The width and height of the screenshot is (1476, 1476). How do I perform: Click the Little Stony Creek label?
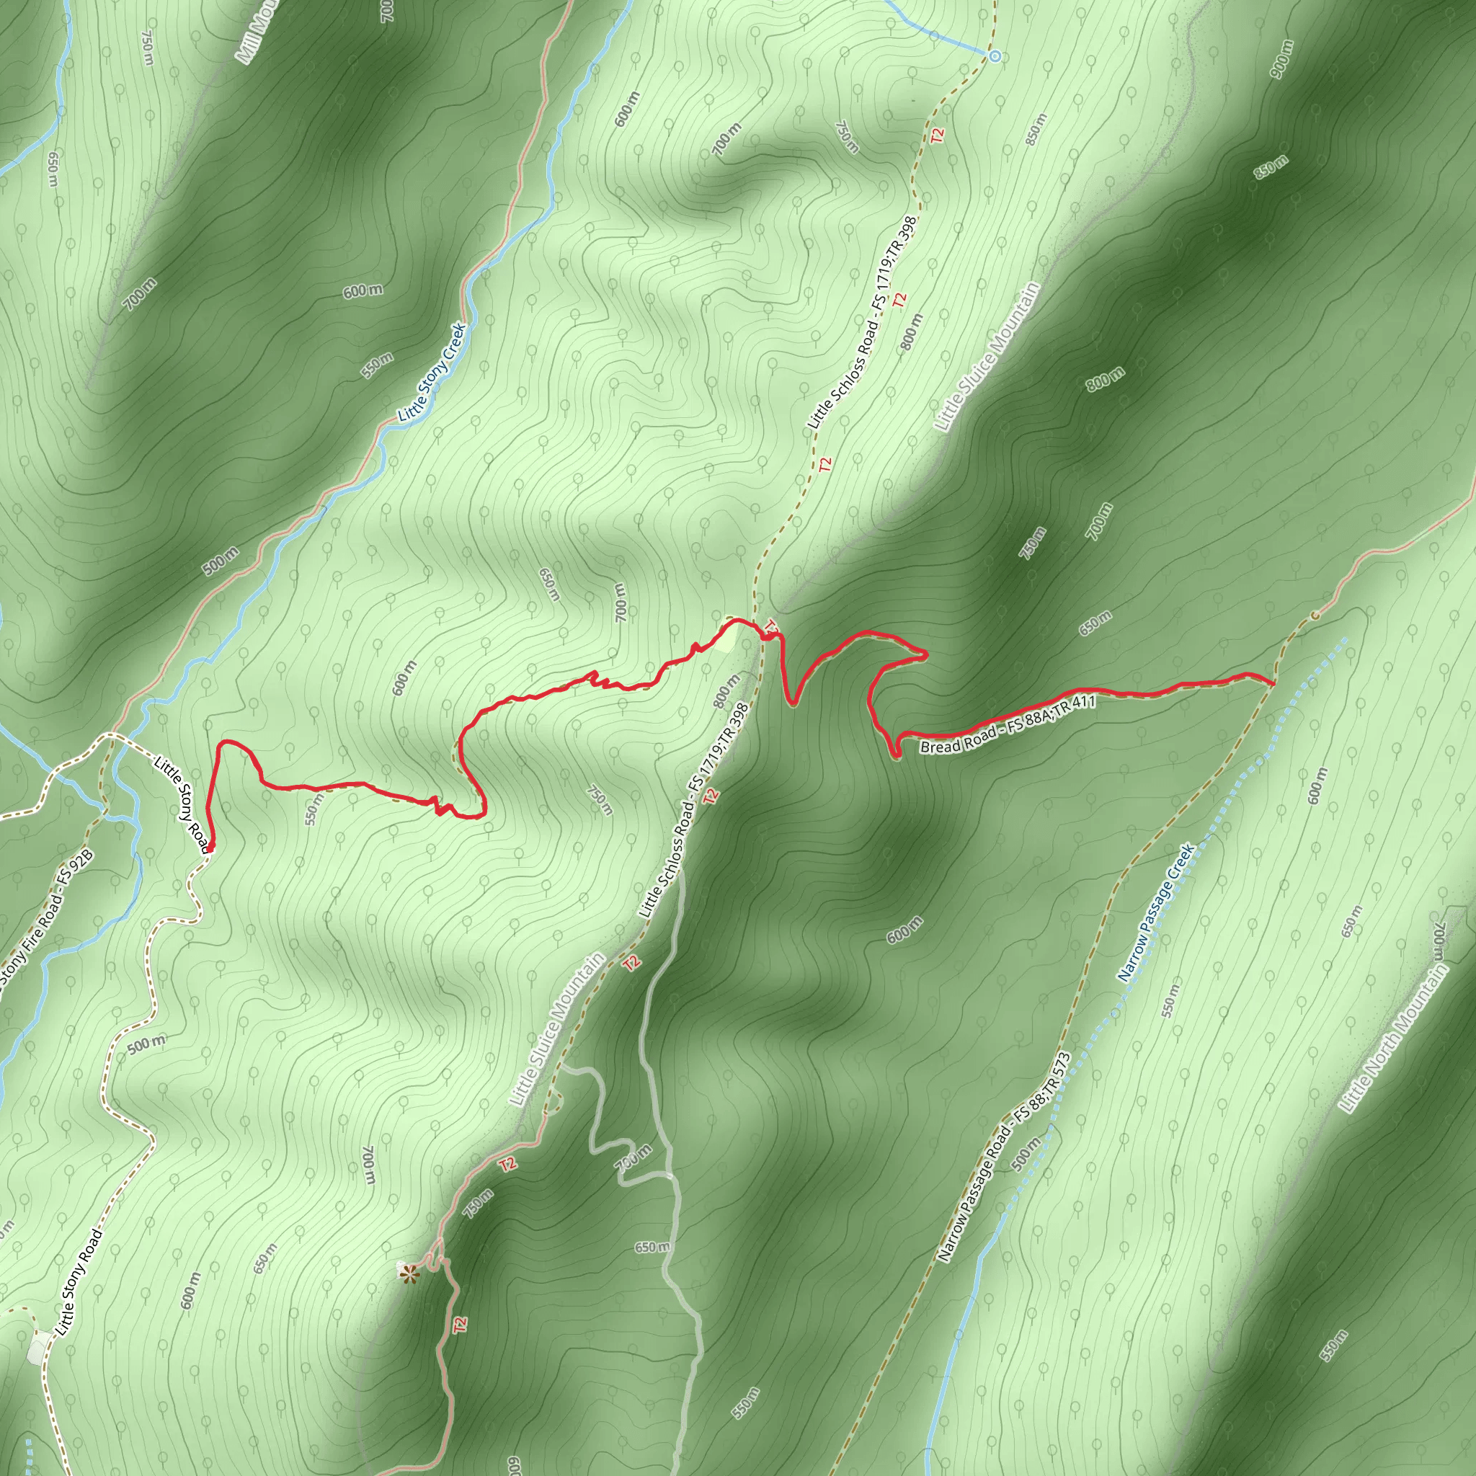pyautogui.click(x=432, y=372)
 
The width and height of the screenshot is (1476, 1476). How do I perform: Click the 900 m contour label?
pyautogui.click(x=1283, y=58)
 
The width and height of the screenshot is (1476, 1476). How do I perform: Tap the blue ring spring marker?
pyautogui.click(x=994, y=55)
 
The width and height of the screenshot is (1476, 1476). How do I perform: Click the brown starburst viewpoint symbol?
pyautogui.click(x=410, y=1273)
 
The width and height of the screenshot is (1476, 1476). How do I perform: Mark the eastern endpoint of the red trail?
pyautogui.click(x=1272, y=684)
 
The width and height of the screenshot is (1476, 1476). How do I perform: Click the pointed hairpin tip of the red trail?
pyautogui.click(x=925, y=654)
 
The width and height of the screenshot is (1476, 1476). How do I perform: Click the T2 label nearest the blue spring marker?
pyautogui.click(x=938, y=135)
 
